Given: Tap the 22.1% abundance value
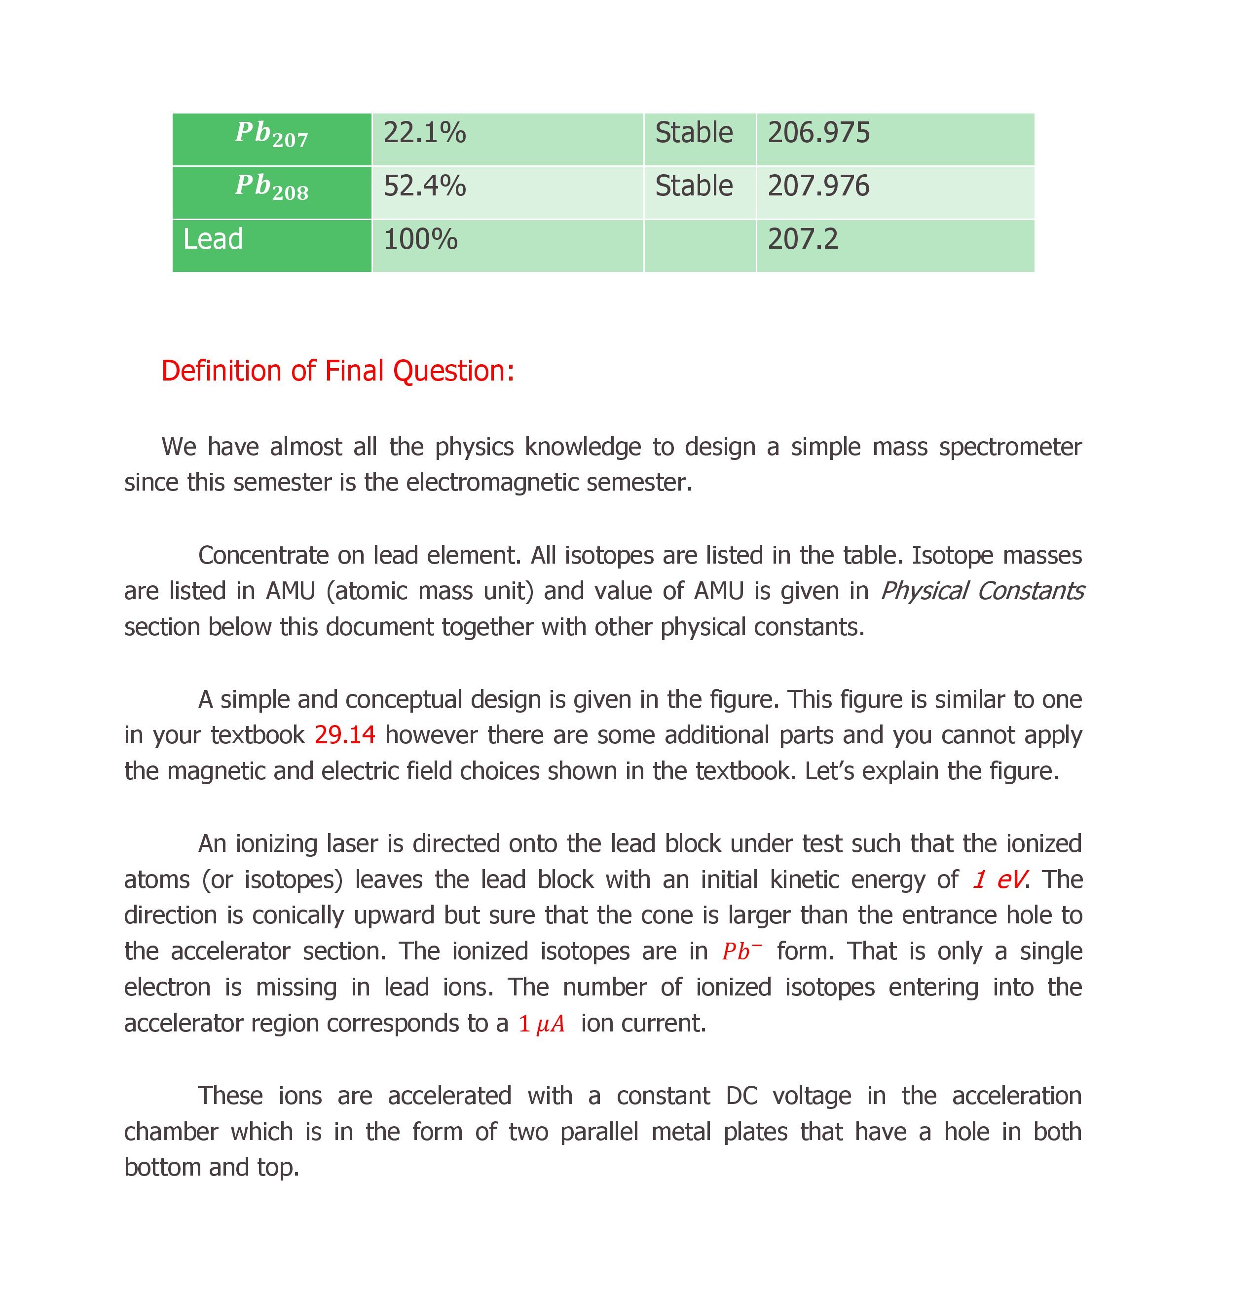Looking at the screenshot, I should coord(424,133).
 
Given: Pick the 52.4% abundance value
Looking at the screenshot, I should coord(424,186).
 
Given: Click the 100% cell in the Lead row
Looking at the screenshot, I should coord(420,239).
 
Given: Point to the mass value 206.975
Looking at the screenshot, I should coord(818,133).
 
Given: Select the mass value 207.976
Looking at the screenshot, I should coord(818,186).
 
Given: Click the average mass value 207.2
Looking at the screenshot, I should coord(803,239).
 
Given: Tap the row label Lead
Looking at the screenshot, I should coord(213,239).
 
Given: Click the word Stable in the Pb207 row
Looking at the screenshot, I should coord(694,133).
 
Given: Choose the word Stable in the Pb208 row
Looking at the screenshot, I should coord(694,186).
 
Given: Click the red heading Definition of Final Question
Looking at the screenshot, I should coord(338,371).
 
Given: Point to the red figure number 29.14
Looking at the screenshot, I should coord(344,735).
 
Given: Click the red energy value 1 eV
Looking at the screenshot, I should coord(999,879).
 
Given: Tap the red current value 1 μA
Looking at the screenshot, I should coord(541,1024).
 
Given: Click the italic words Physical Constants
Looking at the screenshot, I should coord(982,590).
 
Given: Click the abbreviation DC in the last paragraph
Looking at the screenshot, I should coord(741,1096).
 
